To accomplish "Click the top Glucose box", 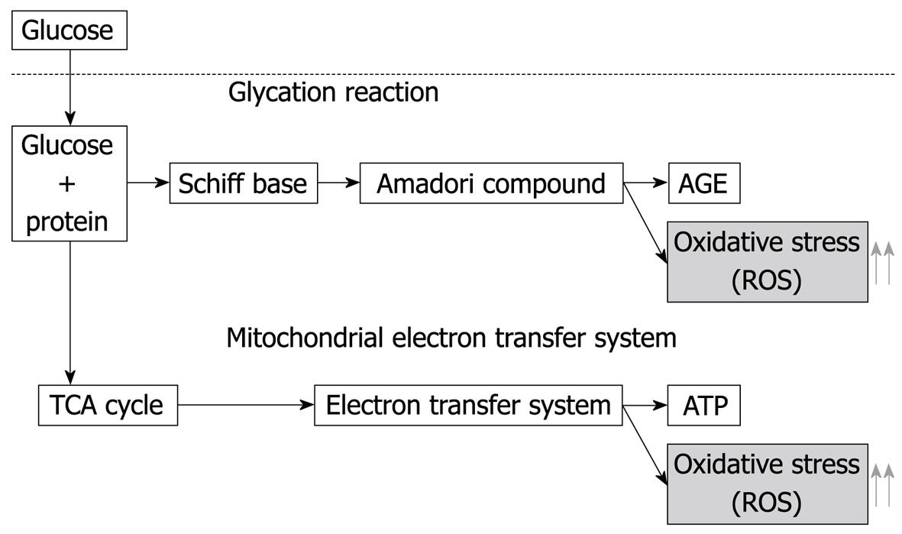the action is [69, 30].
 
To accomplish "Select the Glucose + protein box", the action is [69, 183].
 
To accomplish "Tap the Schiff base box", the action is [244, 183].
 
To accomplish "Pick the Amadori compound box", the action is [491, 183].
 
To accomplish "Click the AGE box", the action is [704, 183].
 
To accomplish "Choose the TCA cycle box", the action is [108, 405].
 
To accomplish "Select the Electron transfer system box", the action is [468, 405].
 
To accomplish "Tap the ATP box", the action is [704, 405].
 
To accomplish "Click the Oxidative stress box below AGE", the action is [768, 262].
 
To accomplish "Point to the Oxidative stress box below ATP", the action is [768, 484].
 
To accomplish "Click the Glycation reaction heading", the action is [334, 92].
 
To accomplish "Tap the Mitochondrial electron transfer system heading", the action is [451, 338].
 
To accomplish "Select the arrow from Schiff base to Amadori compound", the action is [339, 183].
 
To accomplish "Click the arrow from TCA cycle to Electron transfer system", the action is [246, 405].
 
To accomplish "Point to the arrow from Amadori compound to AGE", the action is [645, 183].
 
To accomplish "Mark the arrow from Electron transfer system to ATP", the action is [645, 405].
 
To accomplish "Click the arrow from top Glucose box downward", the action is [70, 87].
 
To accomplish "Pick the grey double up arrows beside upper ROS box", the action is [883, 263].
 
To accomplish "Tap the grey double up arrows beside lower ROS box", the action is [883, 485].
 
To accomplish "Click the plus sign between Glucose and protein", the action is [67, 184].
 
